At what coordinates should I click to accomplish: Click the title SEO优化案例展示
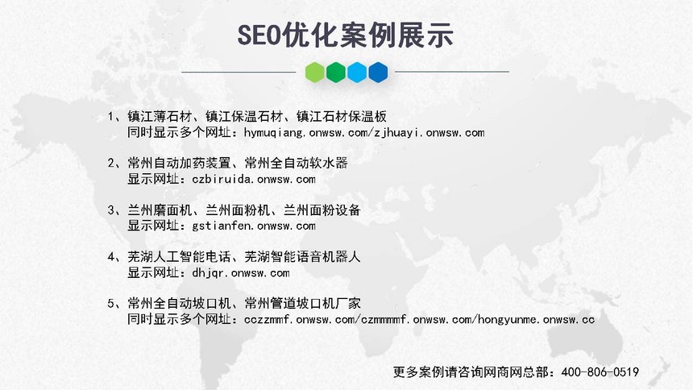345,35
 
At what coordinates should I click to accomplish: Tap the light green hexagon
315,72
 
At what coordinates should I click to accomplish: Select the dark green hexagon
336,72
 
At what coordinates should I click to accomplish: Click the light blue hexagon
357,72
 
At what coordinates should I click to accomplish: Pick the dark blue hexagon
378,72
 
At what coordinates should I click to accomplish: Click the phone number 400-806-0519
600,372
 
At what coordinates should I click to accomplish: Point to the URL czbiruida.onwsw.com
254,179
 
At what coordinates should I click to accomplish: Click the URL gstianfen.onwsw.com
254,226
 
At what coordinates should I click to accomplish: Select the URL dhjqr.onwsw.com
241,273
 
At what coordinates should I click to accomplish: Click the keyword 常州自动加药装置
179,163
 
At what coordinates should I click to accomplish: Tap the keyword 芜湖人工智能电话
179,257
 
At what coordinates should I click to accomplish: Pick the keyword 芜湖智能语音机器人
303,257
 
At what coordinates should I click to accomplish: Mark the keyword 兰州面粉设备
322,210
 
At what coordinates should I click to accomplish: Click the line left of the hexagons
239,72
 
